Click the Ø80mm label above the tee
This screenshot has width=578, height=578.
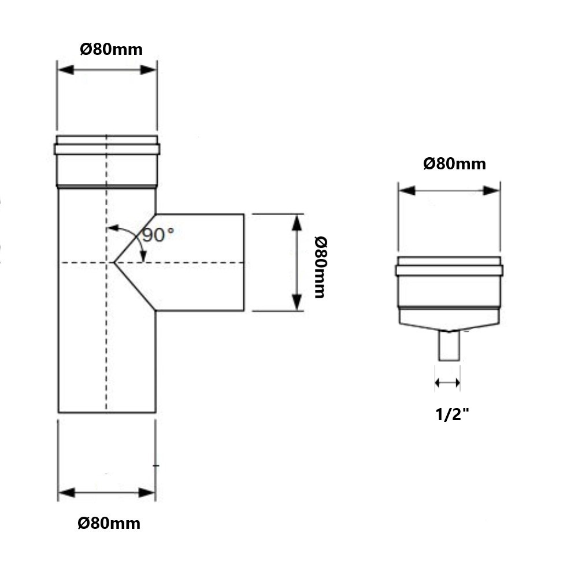[x=111, y=49]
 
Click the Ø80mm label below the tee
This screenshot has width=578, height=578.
[x=109, y=524]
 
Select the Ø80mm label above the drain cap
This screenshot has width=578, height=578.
[x=454, y=164]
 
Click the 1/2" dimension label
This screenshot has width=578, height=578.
[x=452, y=413]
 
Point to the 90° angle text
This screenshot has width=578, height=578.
[x=158, y=235]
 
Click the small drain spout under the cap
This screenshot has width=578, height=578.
[x=449, y=346]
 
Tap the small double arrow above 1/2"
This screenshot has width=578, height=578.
[x=448, y=382]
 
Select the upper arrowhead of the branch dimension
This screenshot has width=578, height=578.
[x=297, y=223]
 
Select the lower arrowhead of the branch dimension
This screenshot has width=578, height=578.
[x=297, y=302]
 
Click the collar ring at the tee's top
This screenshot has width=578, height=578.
[x=107, y=149]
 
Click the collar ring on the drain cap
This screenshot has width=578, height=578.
[x=449, y=270]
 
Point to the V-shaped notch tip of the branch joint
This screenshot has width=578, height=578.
[x=116, y=263]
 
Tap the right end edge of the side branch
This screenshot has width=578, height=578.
[x=243, y=262]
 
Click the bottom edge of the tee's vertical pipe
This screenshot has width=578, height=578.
[x=107, y=412]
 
